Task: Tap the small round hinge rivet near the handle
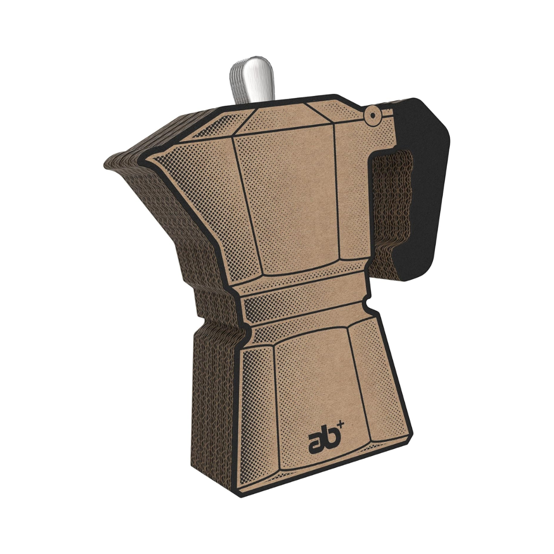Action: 369,115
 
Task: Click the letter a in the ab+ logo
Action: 316,441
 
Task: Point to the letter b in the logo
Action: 330,437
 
